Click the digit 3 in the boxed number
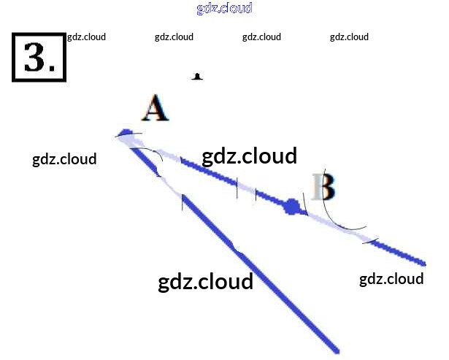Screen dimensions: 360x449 point(34,57)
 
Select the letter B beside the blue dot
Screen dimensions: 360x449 point(323,187)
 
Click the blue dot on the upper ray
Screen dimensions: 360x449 point(293,207)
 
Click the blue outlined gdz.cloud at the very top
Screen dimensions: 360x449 point(224,9)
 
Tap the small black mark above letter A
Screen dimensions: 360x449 point(197,76)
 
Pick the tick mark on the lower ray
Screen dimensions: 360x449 point(183,202)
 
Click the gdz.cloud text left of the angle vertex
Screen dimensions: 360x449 point(64,159)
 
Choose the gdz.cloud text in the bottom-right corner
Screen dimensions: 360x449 point(391,279)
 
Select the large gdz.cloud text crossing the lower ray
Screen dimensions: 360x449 point(205,281)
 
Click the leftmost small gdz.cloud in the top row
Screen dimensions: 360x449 point(86,37)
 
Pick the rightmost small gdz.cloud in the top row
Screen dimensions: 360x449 point(349,37)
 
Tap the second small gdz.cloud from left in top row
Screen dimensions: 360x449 point(174,37)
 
